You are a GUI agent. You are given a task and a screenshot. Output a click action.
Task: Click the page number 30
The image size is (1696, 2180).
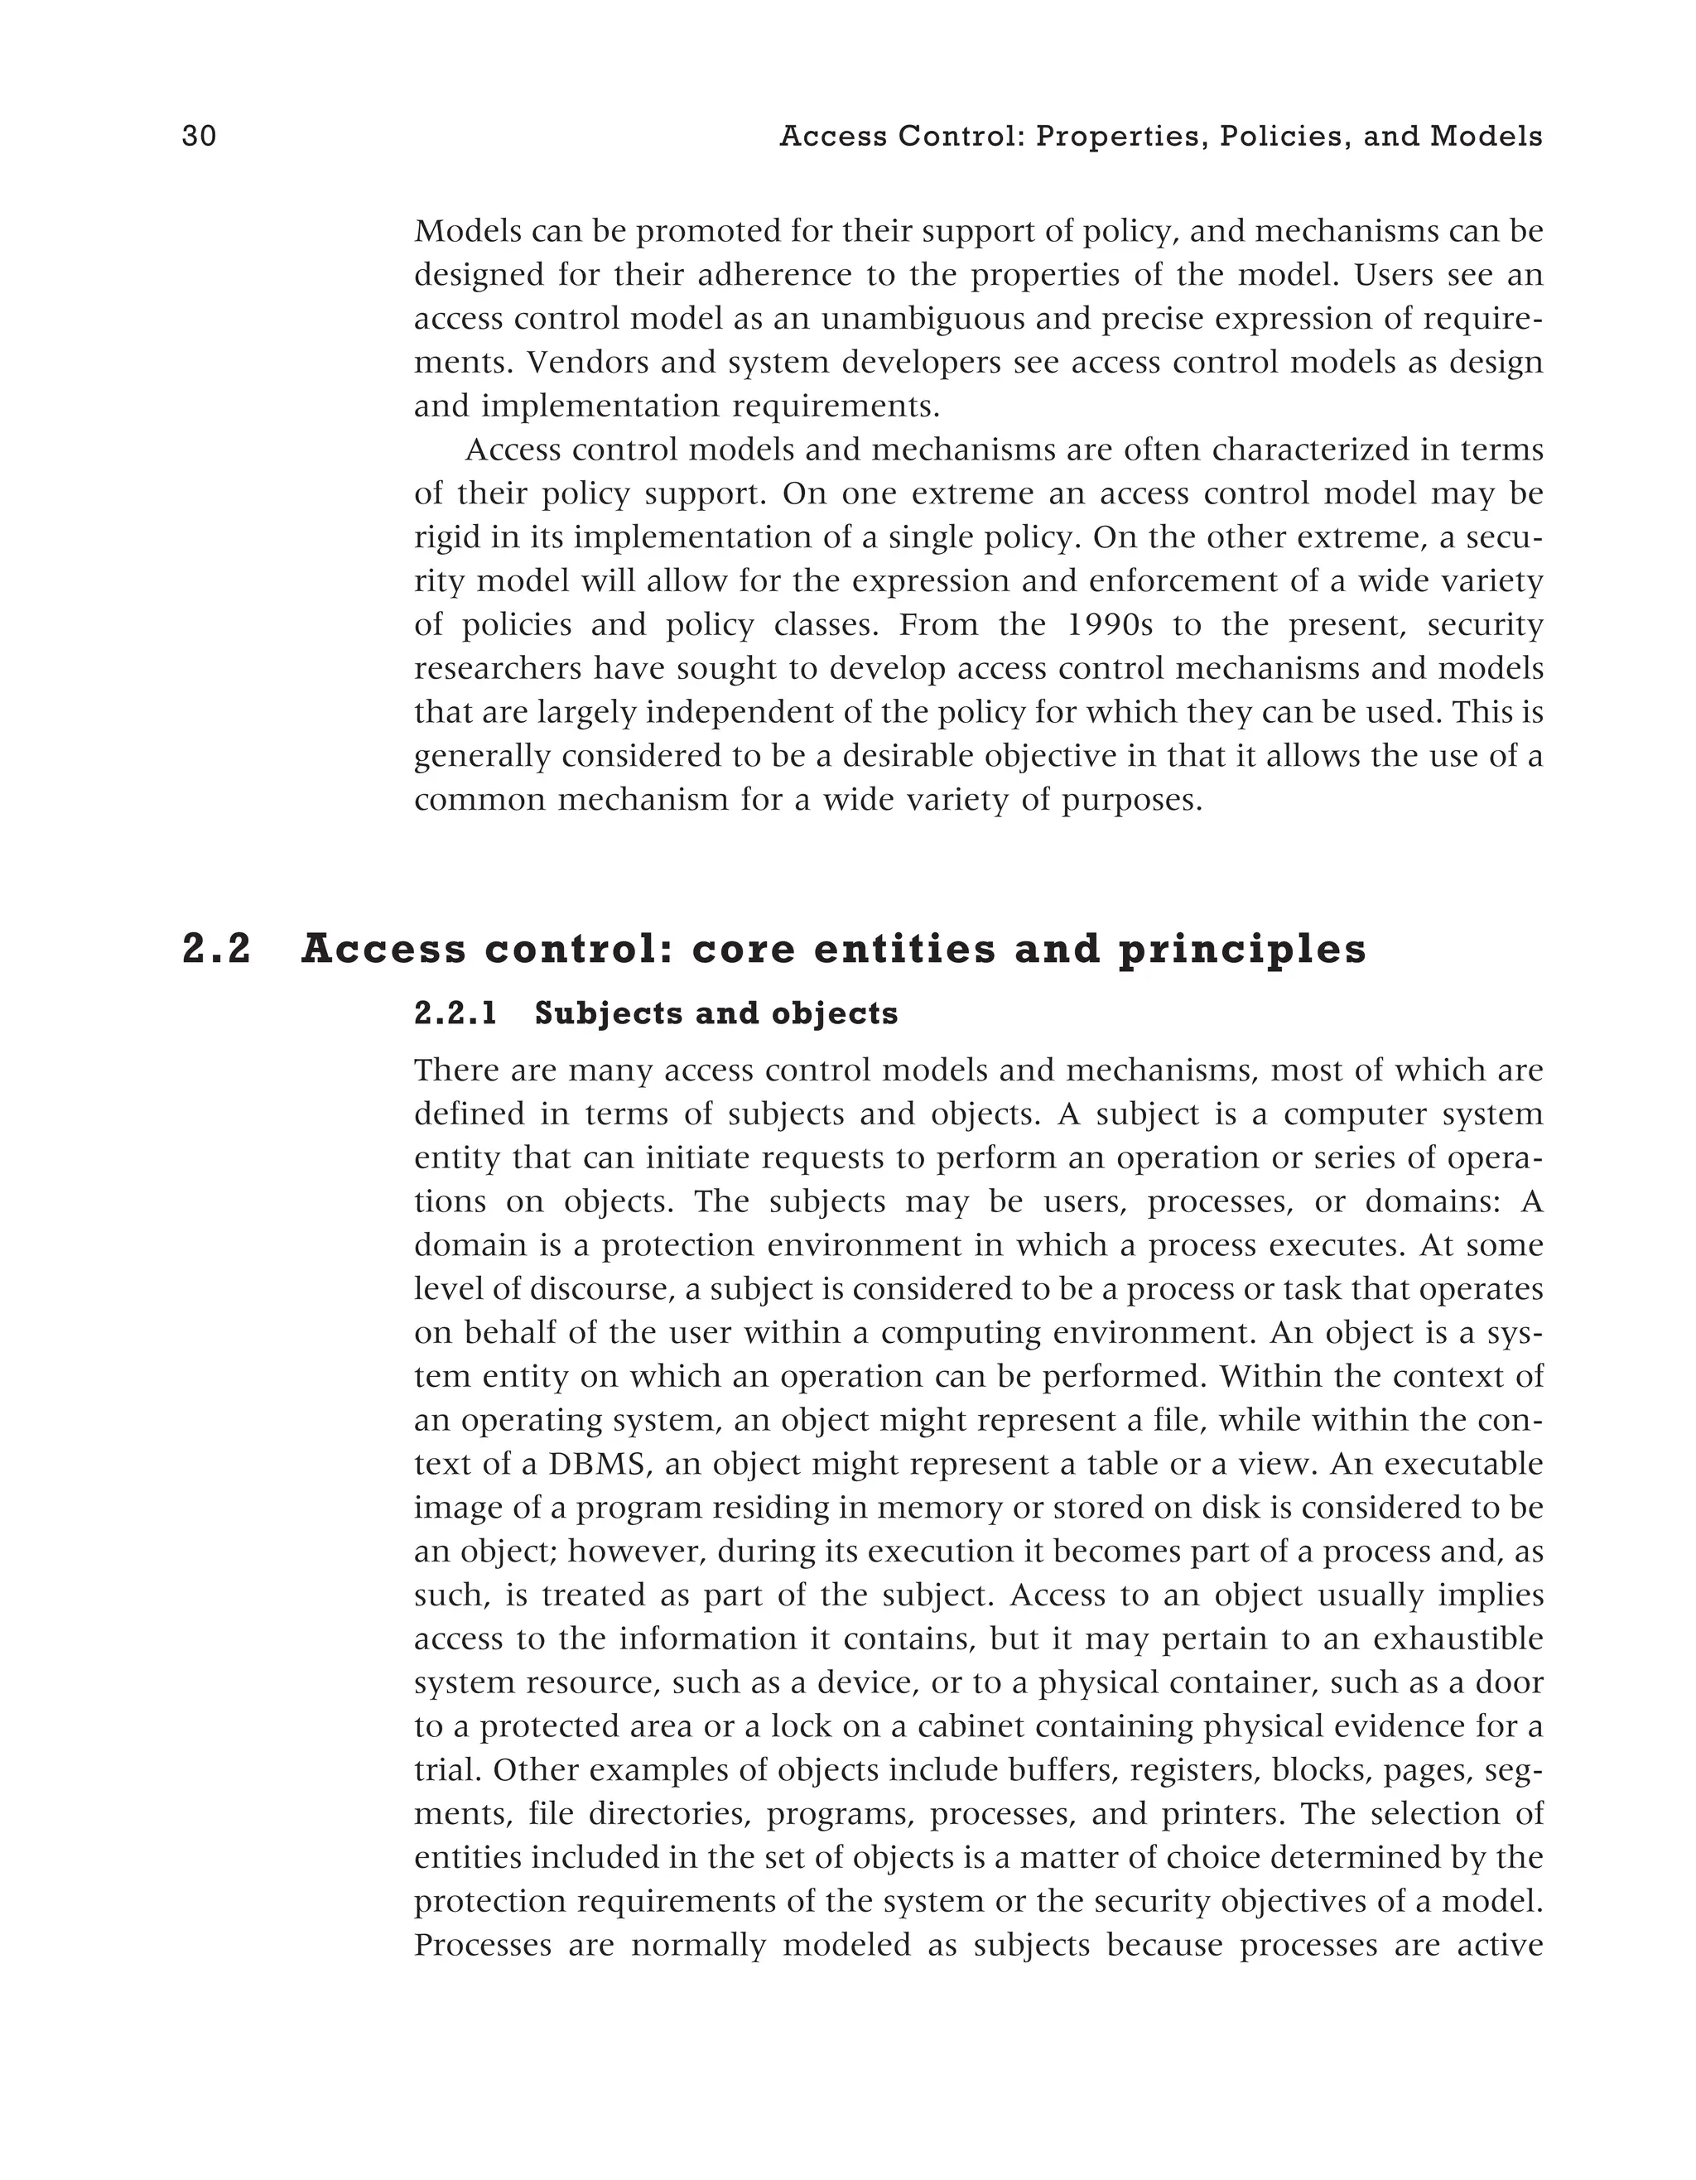point(199,137)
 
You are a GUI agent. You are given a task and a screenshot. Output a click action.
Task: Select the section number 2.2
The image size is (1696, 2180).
point(217,950)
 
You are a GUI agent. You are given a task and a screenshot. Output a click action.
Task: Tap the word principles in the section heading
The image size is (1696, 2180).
point(1242,950)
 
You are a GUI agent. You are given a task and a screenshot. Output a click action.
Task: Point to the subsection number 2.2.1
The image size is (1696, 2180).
point(455,1014)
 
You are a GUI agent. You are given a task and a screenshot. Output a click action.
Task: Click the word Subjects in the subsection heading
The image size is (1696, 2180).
point(609,1014)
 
